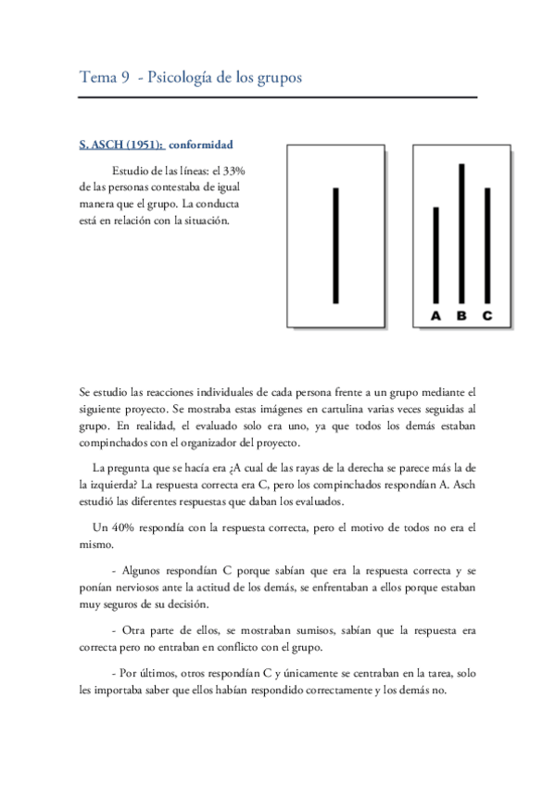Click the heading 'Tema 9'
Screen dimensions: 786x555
[104, 78]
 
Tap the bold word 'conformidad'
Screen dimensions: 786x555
[200, 145]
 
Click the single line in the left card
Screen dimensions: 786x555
[335, 246]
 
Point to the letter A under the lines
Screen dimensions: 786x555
[436, 317]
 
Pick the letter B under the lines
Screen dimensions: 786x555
[461, 317]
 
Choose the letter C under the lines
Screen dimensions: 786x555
[487, 317]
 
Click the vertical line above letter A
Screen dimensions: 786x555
[436, 256]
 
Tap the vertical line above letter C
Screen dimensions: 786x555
[487, 246]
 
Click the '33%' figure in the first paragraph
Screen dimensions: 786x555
[232, 171]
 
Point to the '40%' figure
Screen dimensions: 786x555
[117, 528]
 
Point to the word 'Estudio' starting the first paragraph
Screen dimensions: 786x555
[132, 171]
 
